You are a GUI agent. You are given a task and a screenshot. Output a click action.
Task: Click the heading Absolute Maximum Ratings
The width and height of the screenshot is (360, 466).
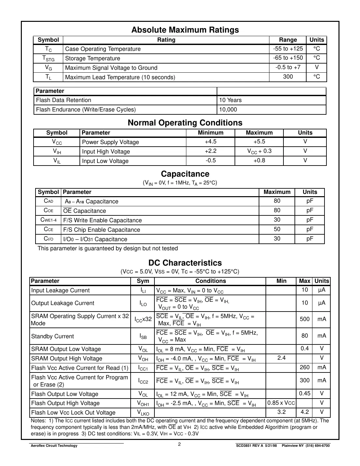185,30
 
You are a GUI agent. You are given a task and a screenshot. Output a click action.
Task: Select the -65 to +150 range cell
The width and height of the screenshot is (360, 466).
288,58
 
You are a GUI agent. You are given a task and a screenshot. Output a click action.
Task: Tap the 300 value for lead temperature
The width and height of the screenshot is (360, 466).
288,77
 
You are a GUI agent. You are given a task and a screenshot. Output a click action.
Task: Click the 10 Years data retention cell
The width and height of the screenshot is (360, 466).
230,100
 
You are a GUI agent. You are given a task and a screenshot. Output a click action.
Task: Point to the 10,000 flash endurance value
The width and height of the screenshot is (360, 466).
228,109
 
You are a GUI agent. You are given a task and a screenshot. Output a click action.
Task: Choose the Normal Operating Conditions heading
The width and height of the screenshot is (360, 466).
185,123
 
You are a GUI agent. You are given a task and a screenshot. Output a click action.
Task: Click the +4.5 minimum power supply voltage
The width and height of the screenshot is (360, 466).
210,142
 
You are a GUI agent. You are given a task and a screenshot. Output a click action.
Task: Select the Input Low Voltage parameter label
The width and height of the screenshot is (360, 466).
105,161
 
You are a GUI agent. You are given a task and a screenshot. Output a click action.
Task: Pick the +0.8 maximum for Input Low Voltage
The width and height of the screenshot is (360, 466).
259,161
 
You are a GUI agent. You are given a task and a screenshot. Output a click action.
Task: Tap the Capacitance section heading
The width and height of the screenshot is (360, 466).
185,174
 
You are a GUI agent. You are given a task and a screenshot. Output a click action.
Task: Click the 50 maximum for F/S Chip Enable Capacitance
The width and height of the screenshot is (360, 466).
277,229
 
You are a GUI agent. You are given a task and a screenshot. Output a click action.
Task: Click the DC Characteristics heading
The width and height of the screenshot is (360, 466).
185,263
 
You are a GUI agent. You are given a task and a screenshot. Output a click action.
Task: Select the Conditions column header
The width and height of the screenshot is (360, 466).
210,281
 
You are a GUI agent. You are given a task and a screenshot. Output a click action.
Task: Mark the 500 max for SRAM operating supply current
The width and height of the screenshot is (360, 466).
305,319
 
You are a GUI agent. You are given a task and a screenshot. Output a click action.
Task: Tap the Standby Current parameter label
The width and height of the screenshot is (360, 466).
52,336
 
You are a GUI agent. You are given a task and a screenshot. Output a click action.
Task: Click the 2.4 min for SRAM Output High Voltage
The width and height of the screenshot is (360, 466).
281,358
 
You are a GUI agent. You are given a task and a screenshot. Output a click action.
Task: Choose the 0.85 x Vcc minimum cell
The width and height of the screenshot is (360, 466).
281,403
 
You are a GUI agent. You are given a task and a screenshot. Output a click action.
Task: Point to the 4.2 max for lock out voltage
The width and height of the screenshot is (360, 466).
305,412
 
